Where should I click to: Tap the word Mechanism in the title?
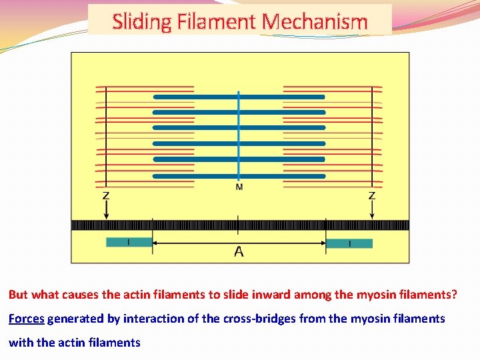(315, 21)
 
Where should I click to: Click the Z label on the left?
(106, 196)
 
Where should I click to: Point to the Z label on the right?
(372, 196)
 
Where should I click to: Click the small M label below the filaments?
(239, 187)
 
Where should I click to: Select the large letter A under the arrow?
(239, 251)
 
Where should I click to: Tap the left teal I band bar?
(129, 243)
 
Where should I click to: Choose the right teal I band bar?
(349, 243)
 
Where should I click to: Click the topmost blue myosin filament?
(239, 96)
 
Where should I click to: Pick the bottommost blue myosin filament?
(239, 176)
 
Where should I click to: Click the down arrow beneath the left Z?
(106, 211)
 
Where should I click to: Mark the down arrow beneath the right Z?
(372, 211)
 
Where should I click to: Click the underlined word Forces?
(26, 319)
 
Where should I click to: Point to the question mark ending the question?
(455, 294)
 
